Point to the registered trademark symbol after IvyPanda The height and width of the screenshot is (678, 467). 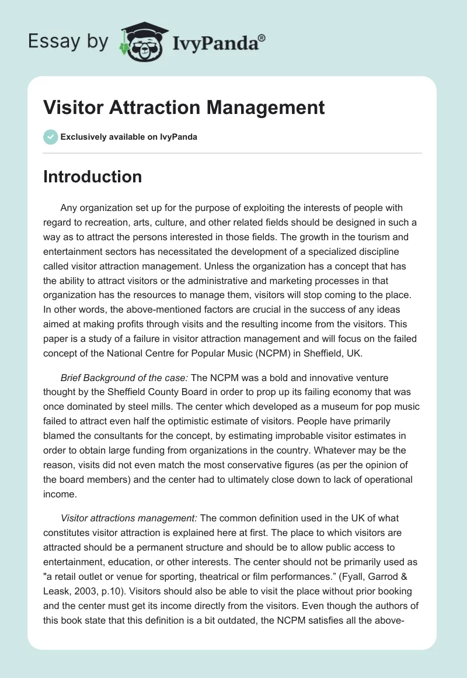[x=262, y=37]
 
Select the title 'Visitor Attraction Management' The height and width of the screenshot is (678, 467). [x=184, y=108]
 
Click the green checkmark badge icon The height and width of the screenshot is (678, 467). [x=50, y=137]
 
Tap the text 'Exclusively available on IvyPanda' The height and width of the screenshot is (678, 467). [x=129, y=137]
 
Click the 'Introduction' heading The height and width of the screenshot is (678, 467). [x=92, y=177]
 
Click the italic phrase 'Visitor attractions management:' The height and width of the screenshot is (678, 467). [x=129, y=518]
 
